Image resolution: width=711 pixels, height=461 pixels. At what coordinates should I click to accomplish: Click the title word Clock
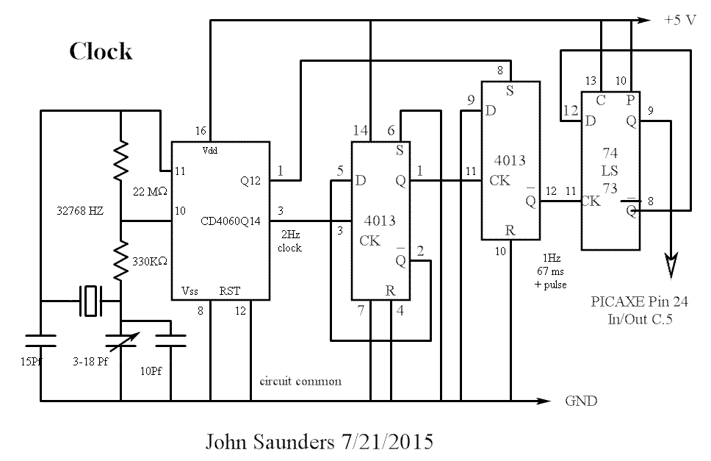coord(101,51)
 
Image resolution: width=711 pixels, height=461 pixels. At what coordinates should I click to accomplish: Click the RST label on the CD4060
coord(229,291)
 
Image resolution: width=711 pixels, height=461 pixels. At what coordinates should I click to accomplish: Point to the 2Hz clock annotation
coord(289,242)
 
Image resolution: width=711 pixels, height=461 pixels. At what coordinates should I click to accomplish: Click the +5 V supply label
coord(679,21)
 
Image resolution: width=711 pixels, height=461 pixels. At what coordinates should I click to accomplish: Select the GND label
coord(580,401)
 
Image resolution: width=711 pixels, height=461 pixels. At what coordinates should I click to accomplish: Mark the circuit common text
coord(301,382)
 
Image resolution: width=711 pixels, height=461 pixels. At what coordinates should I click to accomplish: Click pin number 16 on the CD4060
coord(201,130)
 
